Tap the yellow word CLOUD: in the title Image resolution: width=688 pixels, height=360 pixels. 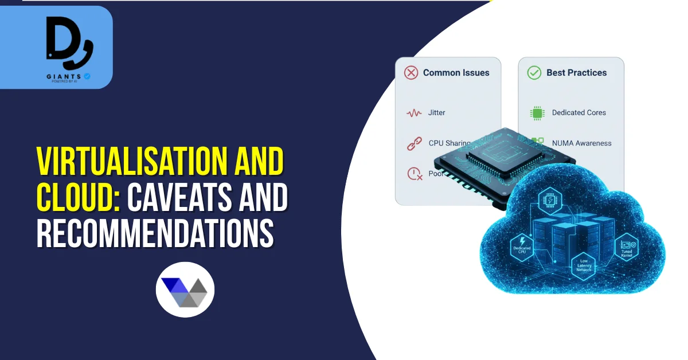tap(77, 198)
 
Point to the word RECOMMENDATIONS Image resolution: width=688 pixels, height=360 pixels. tap(155, 233)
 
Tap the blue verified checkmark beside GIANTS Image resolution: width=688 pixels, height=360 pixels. tap(88, 76)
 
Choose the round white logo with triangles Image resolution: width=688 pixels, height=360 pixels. tap(185, 289)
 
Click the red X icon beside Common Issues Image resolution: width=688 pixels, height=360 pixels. tap(411, 73)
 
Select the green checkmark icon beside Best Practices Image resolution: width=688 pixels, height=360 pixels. tap(534, 73)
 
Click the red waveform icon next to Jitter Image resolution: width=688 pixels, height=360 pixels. tap(414, 113)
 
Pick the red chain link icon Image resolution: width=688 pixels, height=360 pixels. tap(414, 143)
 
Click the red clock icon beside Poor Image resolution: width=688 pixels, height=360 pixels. tap(414, 174)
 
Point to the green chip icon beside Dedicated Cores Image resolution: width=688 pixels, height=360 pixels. tap(537, 113)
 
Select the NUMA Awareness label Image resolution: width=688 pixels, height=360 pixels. tap(581, 143)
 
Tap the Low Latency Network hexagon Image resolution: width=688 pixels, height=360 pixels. tap(584, 265)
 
